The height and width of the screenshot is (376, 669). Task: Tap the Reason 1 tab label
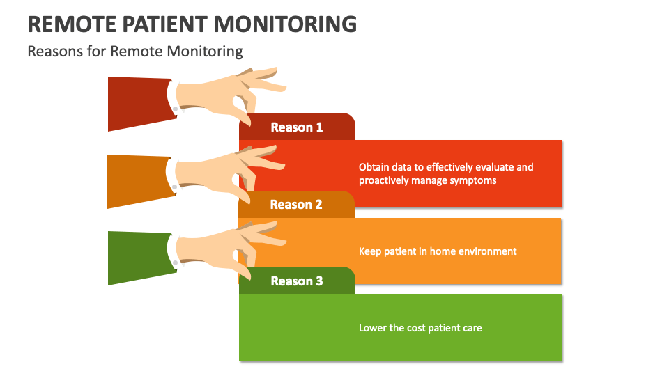pos(297,127)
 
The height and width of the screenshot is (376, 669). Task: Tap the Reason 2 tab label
pos(296,205)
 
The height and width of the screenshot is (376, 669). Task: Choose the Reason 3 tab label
pos(297,281)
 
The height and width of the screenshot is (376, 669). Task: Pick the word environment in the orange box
pos(491,251)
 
